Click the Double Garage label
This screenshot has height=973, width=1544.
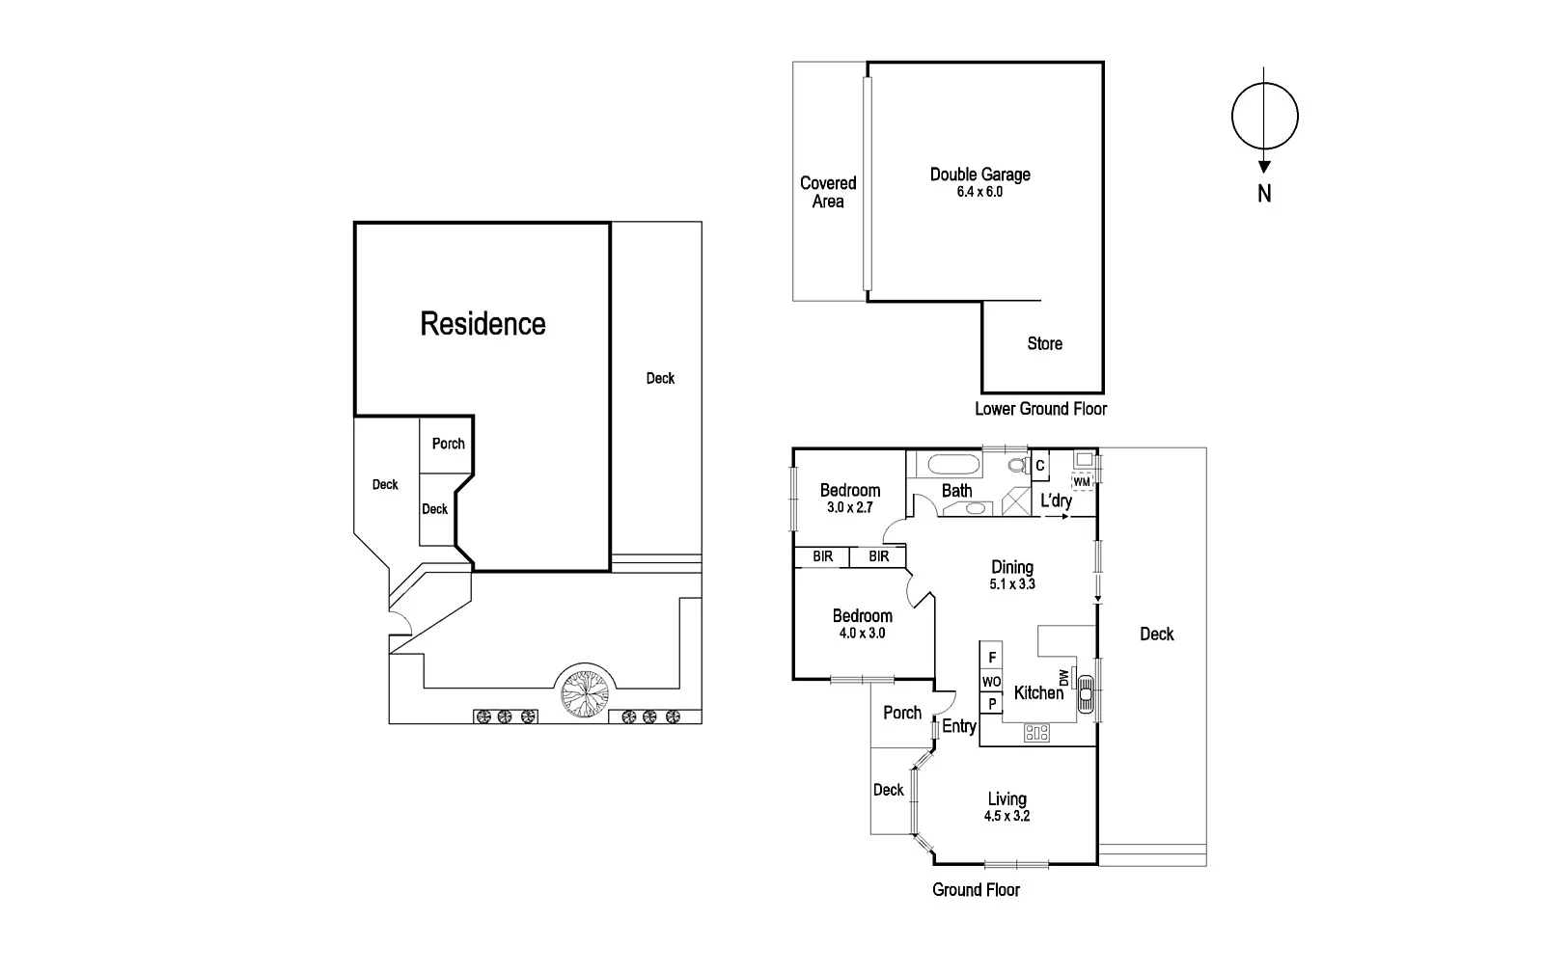(x=979, y=175)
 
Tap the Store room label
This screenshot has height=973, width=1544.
(x=1044, y=343)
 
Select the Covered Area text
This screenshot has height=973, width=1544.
(x=828, y=192)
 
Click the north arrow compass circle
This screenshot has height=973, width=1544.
(x=1264, y=116)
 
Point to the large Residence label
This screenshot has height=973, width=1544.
(x=482, y=323)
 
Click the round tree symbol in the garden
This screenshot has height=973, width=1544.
(x=585, y=690)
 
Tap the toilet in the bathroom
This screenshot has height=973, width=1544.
(x=1017, y=466)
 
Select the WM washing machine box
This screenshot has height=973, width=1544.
(x=1082, y=481)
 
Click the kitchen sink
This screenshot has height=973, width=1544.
(x=1087, y=691)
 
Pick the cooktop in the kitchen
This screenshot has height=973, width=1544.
(x=1036, y=732)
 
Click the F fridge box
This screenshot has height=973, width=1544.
(x=992, y=658)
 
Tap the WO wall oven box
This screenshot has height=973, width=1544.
(x=992, y=682)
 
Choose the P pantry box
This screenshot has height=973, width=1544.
(x=992, y=704)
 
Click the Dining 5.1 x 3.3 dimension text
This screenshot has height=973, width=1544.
(x=1012, y=584)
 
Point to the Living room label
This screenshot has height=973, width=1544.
(x=1006, y=798)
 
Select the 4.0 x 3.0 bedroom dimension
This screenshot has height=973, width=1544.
(x=862, y=634)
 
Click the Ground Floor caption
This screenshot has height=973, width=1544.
(x=976, y=889)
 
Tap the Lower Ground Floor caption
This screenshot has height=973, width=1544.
(x=1040, y=408)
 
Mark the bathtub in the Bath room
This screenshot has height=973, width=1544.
(x=953, y=466)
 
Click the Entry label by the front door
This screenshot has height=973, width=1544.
(x=959, y=726)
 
